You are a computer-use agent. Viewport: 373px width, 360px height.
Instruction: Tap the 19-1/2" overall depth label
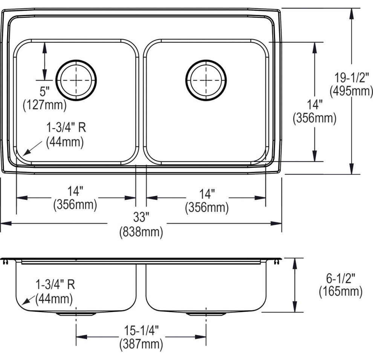point(352,78)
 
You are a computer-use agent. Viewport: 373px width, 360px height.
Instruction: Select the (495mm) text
point(352,91)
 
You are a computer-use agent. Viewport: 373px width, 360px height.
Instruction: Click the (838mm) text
point(141,231)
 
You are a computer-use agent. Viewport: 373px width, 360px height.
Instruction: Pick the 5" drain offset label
point(44,91)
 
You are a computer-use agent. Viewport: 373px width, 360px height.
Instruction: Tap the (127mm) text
point(45,105)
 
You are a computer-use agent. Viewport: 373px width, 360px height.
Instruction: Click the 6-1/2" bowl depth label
point(341,278)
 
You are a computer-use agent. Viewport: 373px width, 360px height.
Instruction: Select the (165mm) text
point(341,291)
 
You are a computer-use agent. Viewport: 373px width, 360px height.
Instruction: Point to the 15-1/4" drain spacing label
point(141,330)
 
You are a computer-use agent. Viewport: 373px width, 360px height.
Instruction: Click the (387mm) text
point(141,344)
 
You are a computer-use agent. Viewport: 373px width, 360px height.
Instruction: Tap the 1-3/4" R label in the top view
point(66,127)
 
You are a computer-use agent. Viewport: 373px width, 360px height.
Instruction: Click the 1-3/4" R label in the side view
point(55,285)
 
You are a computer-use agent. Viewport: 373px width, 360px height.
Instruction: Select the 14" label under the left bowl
point(75,191)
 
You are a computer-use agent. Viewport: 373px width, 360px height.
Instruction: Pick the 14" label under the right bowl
point(207,194)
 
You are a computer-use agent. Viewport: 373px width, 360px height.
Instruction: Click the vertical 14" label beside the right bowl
point(315,105)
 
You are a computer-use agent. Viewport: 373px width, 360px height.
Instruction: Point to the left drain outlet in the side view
point(76,314)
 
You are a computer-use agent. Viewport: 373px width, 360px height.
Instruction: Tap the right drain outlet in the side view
point(206,314)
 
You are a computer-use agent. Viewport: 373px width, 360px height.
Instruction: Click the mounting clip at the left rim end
point(6,262)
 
